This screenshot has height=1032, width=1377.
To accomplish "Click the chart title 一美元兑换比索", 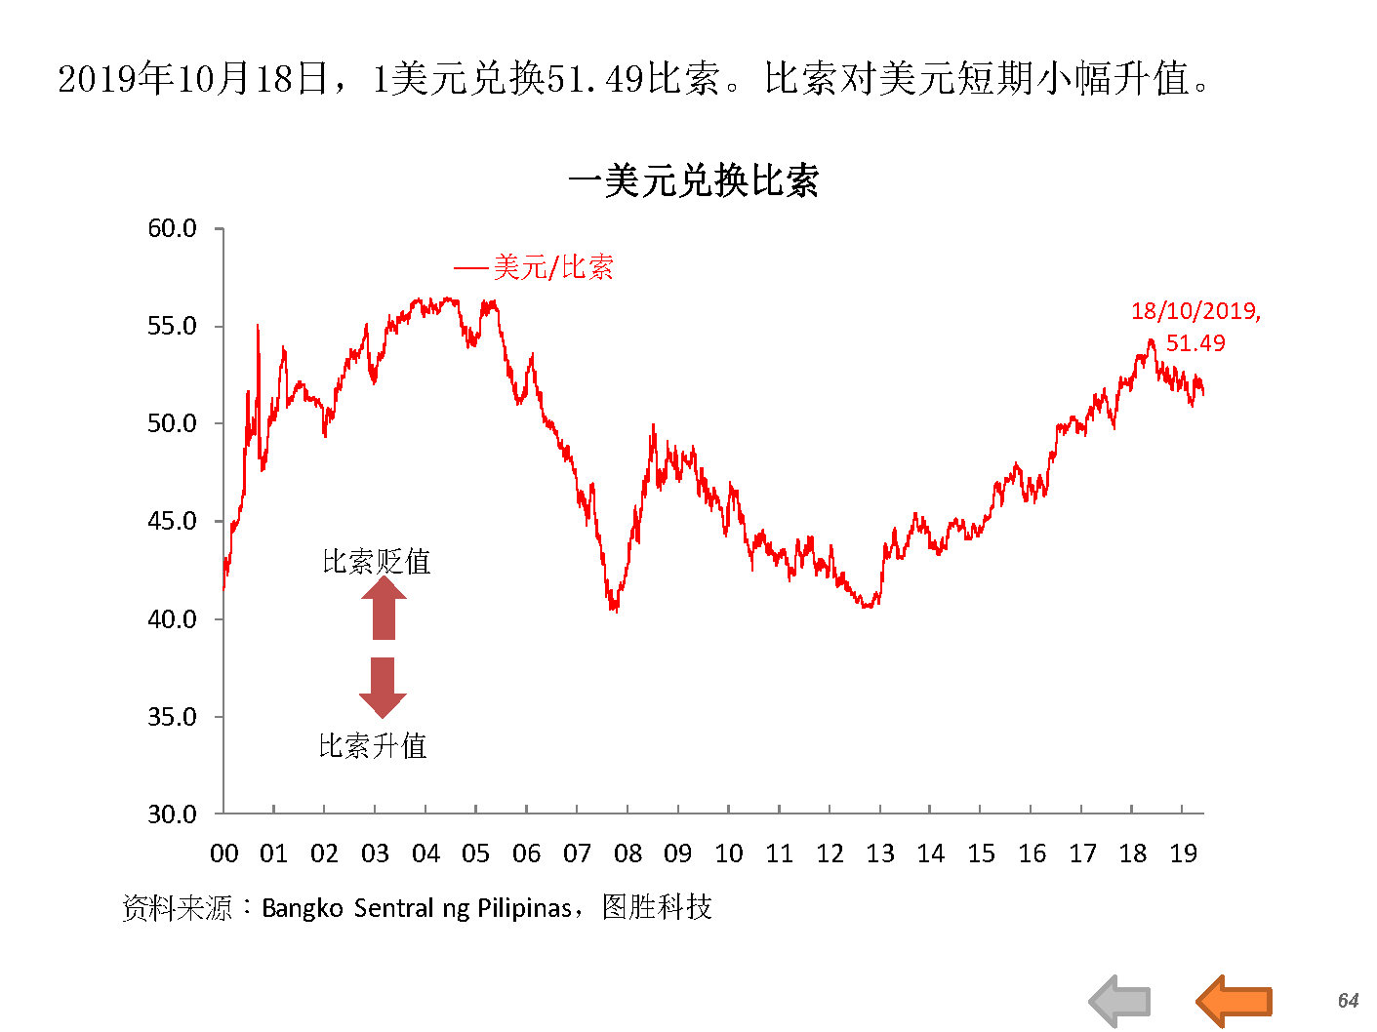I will [x=693, y=180].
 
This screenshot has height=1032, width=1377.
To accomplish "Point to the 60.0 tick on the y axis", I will [x=172, y=229].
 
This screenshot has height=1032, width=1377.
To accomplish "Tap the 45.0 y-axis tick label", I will [x=172, y=522].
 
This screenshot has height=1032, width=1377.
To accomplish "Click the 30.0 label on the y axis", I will [x=172, y=814].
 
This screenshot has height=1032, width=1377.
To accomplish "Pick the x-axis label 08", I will [x=628, y=854].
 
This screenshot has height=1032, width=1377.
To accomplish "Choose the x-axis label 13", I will [x=880, y=854].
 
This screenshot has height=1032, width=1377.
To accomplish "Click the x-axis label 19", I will [x=1183, y=854].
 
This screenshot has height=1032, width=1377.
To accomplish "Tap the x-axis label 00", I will [x=223, y=854].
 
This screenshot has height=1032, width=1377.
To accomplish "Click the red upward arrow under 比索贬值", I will [x=384, y=610].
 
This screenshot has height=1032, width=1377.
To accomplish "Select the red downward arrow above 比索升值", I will [x=383, y=687].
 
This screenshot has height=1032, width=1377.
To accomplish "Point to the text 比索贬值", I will [x=377, y=562].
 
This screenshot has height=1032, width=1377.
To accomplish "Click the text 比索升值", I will [x=373, y=746].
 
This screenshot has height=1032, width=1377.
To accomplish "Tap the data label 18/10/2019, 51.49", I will [x=1195, y=327].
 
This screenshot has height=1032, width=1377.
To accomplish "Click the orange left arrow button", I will [x=1234, y=1001].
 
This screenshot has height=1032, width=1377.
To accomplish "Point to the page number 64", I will [x=1348, y=1001].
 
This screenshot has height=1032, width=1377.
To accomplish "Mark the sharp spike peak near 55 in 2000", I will [x=258, y=326].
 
